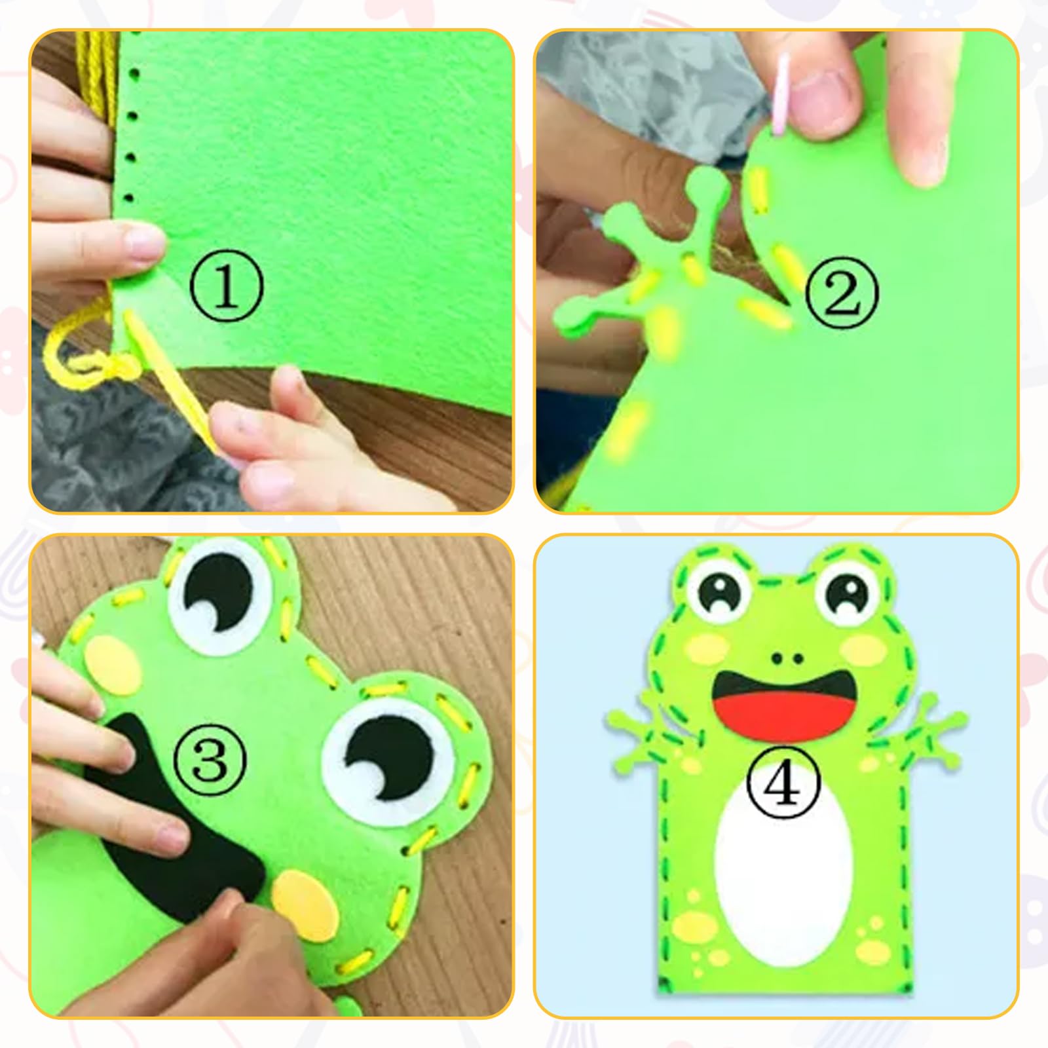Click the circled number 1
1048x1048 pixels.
pos(226,287)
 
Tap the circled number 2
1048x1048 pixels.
pos(841,293)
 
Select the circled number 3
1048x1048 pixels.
pos(210,760)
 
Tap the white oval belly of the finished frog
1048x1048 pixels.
pos(783,871)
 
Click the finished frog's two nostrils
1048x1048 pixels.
pos(785,658)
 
